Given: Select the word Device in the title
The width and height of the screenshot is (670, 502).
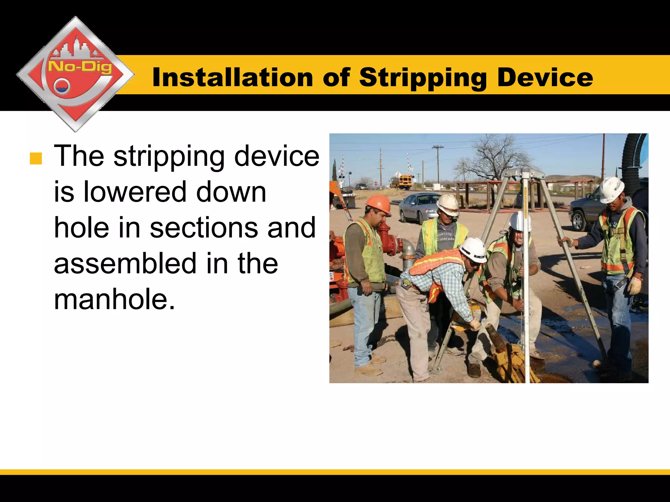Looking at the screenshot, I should [x=545, y=78].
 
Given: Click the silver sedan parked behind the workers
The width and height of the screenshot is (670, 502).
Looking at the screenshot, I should [x=419, y=207].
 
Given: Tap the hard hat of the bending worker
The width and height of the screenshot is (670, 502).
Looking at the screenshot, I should [x=473, y=249].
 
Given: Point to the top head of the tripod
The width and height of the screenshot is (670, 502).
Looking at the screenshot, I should [x=524, y=173].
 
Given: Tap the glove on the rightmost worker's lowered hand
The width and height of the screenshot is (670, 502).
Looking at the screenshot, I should [x=635, y=285].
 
